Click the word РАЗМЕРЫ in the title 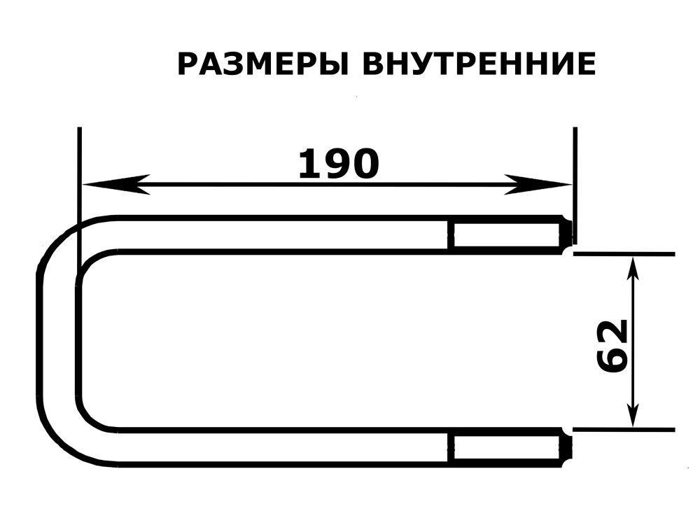263,64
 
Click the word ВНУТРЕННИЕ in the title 479,64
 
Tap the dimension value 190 338,164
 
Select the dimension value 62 612,346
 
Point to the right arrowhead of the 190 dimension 538,184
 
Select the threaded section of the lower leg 506,447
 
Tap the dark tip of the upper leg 567,234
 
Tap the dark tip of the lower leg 567,447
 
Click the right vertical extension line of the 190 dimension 575,185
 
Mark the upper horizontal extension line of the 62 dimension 624,253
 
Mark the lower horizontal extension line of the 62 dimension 624,430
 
